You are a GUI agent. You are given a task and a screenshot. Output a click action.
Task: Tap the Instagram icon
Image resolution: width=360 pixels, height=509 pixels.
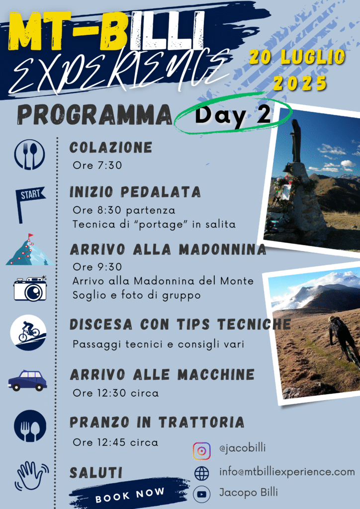201,451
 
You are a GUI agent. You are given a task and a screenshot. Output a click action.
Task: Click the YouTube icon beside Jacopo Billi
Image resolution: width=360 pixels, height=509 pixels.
201,494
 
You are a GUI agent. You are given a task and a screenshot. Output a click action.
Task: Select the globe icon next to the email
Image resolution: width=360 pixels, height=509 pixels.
201,473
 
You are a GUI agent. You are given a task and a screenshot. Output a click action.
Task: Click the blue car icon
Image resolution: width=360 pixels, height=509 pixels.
27,380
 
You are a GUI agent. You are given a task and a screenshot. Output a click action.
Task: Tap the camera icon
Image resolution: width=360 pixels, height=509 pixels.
30,288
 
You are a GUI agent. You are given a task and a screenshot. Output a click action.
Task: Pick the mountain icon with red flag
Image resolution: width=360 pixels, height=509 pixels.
30,250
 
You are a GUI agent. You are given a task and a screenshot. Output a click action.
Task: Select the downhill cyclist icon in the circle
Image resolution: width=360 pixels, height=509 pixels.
28,333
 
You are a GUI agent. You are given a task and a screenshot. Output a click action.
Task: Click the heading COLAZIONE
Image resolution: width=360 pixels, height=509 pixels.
111,147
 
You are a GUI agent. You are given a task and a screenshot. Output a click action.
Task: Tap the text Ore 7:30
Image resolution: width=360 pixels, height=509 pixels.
97,165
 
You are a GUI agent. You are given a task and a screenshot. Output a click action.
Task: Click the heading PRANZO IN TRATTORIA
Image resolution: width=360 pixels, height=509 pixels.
157,423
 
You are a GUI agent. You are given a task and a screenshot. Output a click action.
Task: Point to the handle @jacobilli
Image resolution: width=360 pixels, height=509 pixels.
243,448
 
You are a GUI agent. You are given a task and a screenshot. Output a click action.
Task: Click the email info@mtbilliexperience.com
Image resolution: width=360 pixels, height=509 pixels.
287,472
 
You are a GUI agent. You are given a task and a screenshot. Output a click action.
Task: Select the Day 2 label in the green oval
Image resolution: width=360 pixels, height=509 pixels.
233,115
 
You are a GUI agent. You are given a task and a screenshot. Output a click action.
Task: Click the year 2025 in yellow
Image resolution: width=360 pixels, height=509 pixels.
300,83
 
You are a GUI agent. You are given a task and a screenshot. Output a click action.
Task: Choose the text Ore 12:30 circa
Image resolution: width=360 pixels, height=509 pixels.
116,393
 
